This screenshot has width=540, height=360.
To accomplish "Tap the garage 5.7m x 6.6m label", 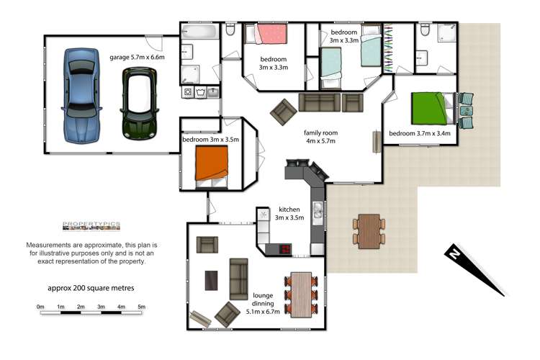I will [x=138, y=56].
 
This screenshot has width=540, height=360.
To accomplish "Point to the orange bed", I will [x=212, y=163].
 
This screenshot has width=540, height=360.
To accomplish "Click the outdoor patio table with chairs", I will [x=369, y=230].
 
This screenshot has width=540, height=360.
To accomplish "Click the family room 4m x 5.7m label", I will [x=321, y=137].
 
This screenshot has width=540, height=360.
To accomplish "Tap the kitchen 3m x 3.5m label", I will [x=289, y=213].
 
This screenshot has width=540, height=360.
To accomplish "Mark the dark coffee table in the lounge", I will [x=212, y=280].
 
